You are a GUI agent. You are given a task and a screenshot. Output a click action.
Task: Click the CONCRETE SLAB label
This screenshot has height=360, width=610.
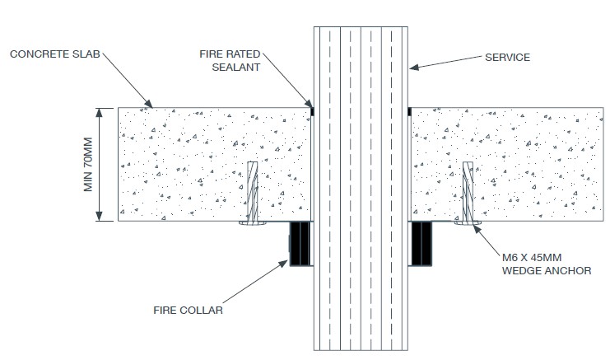55,54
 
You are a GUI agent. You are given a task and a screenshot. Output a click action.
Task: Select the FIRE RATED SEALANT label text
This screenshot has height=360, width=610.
230,60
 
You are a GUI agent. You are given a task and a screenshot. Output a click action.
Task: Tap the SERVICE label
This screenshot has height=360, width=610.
507,57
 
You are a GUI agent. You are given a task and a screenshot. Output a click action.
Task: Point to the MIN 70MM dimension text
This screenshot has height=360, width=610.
88,164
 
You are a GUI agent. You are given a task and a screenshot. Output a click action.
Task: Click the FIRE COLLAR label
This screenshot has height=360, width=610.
188,311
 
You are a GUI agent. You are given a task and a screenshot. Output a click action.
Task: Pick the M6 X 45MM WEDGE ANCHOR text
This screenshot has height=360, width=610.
547,264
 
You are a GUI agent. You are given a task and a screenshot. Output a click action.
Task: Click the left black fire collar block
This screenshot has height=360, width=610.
300,244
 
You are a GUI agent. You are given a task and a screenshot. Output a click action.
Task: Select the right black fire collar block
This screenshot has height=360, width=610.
421,244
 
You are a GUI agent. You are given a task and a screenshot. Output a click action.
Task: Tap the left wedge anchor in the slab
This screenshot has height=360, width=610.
253,193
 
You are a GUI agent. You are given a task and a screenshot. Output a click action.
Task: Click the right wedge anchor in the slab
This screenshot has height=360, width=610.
468,193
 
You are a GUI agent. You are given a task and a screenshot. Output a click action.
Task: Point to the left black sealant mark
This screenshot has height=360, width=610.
312,111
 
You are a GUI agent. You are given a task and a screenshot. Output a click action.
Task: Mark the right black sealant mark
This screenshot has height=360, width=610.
409,111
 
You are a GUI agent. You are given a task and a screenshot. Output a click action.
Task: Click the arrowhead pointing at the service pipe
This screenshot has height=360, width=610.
414,68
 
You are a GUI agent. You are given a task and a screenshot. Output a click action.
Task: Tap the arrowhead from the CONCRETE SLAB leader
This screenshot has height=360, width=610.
148,104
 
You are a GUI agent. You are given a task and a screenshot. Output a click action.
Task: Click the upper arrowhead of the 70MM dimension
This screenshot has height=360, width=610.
100,113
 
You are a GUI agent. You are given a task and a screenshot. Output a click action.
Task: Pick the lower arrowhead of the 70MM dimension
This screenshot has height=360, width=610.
100,217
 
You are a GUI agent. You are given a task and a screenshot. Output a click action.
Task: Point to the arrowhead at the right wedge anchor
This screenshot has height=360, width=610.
476,229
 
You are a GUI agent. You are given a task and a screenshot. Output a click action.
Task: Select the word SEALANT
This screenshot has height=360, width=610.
236,68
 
